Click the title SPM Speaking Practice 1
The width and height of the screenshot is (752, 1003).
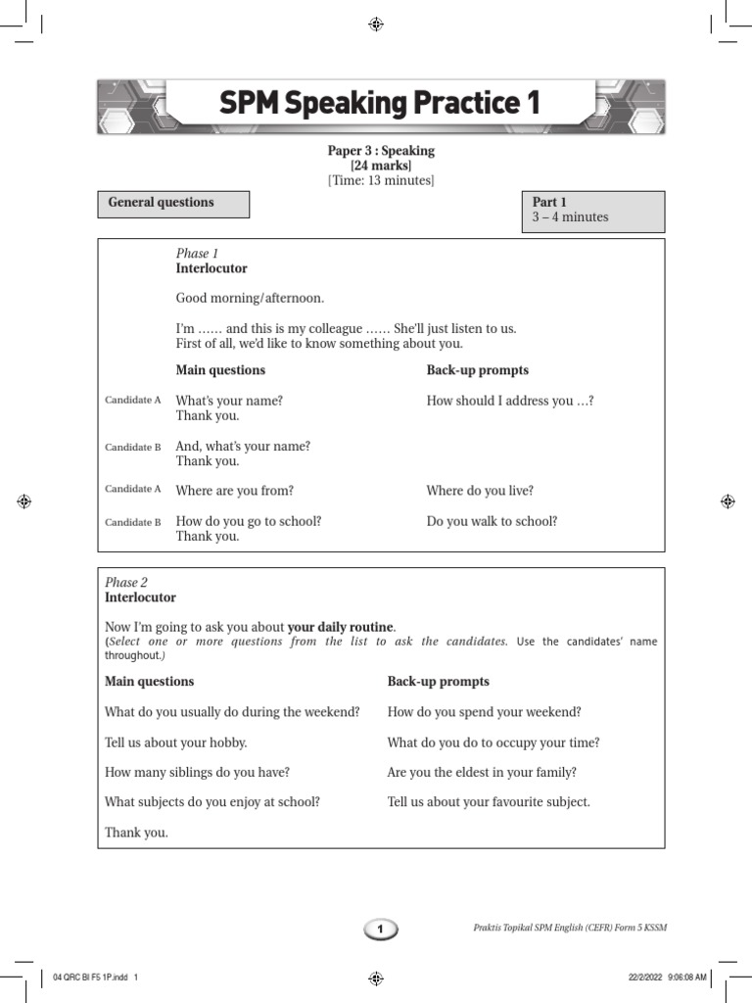379,104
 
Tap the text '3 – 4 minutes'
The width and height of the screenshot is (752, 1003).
570,217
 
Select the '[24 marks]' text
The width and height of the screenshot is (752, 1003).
381,166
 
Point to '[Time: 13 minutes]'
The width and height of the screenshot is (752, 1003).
381,180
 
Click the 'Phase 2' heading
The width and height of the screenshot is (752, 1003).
126,583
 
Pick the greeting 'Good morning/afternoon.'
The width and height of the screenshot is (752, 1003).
249,298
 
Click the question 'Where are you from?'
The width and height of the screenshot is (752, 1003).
234,491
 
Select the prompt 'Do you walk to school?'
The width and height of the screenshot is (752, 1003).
492,521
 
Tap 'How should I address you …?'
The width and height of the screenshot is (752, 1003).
510,401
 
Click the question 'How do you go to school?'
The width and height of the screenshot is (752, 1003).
248,521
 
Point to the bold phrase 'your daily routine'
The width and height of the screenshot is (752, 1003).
340,626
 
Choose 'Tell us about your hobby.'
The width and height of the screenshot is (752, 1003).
175,742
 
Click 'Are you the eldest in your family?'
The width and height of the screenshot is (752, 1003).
482,772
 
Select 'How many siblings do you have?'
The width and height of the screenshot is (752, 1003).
197,772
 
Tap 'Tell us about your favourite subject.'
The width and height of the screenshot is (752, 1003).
489,802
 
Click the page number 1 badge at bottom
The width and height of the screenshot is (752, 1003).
381,929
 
